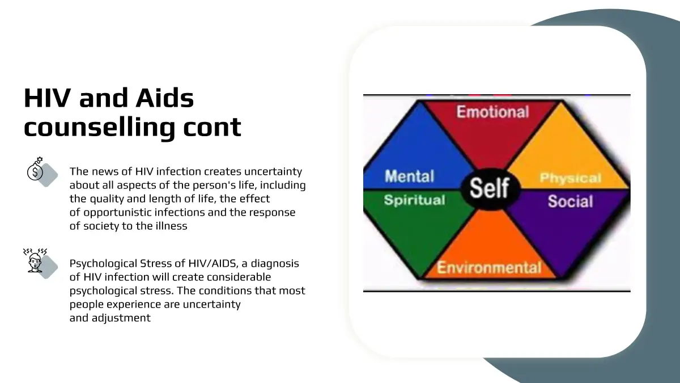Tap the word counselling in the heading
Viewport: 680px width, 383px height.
(x=99, y=127)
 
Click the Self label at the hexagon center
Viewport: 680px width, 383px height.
(x=490, y=188)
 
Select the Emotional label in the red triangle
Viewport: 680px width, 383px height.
(x=492, y=112)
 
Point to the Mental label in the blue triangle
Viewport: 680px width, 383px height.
(x=410, y=176)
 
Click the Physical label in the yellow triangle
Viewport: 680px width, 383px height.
(x=571, y=178)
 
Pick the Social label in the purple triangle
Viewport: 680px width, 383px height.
(x=571, y=201)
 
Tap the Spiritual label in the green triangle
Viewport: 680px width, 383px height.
(x=415, y=200)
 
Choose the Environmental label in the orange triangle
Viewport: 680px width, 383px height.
(x=489, y=267)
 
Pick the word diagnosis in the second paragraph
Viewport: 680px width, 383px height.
(x=275, y=263)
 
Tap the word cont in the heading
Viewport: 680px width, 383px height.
(x=212, y=127)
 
